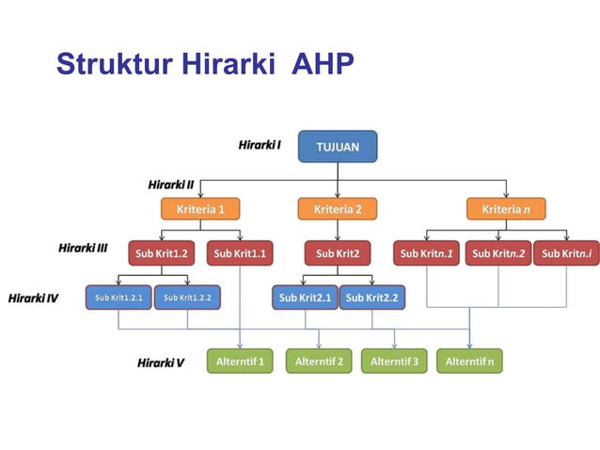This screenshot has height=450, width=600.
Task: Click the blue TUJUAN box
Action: (338, 147)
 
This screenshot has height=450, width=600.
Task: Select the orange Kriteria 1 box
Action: (201, 208)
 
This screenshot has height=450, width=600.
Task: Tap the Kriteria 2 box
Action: (337, 208)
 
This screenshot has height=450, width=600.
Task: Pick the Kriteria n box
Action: (506, 208)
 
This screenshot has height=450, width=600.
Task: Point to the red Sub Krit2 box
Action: (337, 253)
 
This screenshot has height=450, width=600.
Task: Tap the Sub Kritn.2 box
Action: (497, 253)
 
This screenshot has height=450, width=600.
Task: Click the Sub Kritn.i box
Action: (566, 253)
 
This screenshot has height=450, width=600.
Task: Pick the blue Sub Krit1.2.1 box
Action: (118, 297)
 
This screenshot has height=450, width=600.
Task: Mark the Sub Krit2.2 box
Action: (371, 297)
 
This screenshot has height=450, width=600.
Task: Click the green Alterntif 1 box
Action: (240, 361)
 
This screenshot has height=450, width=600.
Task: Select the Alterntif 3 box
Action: (394, 361)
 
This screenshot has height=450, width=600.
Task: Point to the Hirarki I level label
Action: (260, 146)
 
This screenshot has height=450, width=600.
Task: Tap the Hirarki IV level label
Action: (34, 298)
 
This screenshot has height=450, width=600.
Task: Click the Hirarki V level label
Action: (160, 362)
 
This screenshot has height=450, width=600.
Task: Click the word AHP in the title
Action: (322, 64)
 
